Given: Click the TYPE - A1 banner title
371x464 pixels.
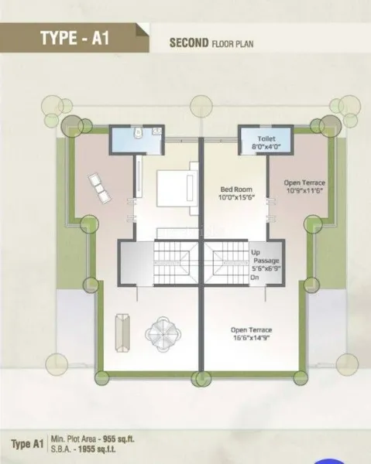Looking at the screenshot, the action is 74,38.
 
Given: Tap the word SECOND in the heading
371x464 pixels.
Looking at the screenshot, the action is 189,43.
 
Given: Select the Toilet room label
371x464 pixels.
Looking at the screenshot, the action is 266,138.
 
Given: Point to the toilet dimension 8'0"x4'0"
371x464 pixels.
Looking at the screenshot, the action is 266,146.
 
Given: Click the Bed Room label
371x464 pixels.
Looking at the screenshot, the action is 236,189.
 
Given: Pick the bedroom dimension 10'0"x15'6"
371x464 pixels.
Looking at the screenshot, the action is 236,197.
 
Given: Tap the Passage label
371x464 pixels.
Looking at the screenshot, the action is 266,261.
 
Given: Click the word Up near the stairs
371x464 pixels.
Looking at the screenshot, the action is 256,252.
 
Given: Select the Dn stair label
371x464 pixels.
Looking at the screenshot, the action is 255,278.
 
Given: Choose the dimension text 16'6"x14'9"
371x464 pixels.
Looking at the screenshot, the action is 251,338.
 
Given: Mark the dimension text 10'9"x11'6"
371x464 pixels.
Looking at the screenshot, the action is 304,190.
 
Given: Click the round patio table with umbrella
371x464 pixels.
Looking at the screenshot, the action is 162,334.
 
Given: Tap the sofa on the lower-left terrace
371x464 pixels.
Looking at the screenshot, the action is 122,333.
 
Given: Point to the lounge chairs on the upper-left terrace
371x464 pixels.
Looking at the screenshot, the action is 99,188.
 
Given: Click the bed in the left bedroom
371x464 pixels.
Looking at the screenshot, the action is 177,189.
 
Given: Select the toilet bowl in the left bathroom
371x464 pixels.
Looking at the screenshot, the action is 138,132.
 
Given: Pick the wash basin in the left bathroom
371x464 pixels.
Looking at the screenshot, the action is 156,131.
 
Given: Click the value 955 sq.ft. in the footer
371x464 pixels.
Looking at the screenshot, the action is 119,439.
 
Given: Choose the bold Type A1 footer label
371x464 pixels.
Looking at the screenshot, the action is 27,444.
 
